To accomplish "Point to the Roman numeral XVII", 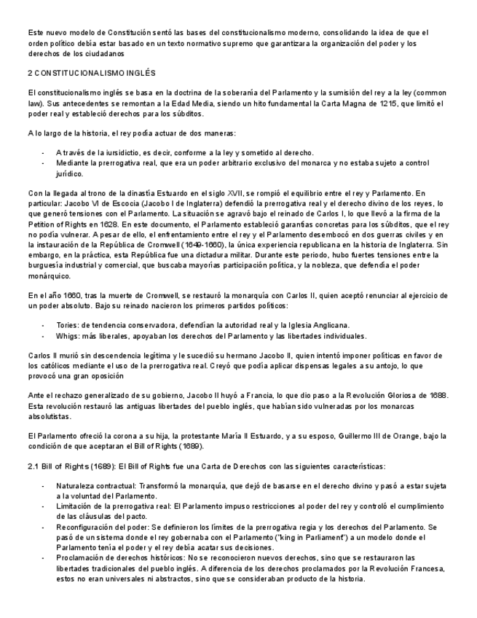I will pos(248,192).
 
